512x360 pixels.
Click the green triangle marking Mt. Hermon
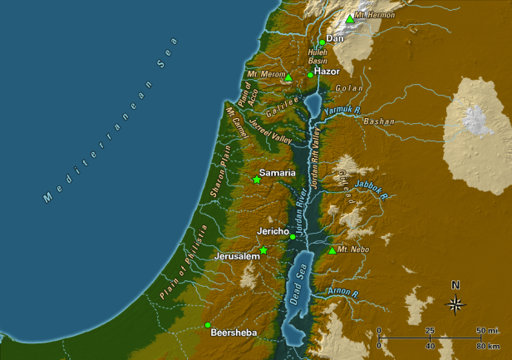tap(350, 18)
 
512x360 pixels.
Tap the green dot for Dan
tap(322, 42)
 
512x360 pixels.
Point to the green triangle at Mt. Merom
tap(289, 77)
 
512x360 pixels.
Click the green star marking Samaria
tap(257, 180)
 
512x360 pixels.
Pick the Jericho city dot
tap(293, 237)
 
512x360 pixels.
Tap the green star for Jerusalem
tap(263, 250)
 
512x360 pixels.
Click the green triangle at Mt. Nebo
tap(332, 250)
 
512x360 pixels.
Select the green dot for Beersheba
tap(207, 324)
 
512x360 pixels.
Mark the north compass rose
tap(455, 302)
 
